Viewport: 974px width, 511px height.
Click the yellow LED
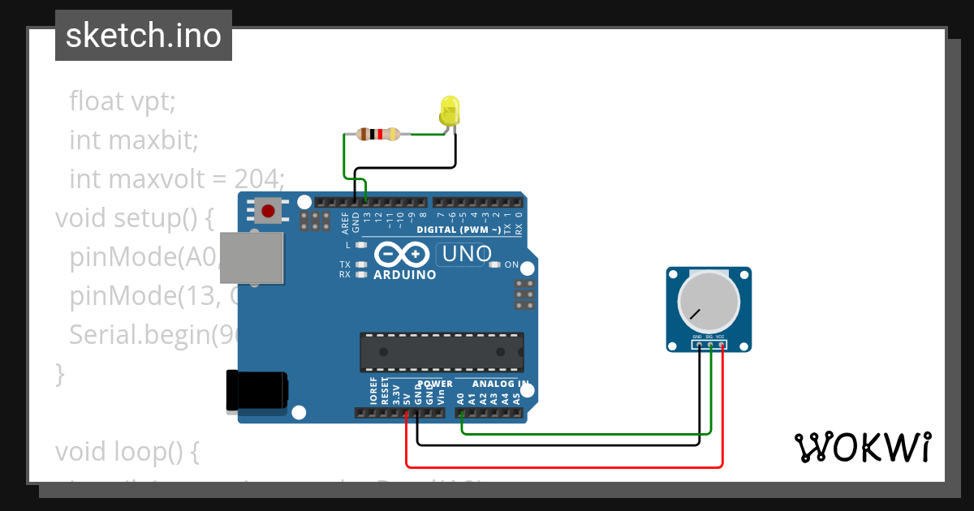pyautogui.click(x=449, y=110)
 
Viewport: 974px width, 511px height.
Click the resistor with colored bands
pyautogui.click(x=378, y=135)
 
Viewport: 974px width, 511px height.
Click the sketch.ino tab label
pyautogui.click(x=144, y=36)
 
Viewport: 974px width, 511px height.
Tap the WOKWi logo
pyautogui.click(x=862, y=447)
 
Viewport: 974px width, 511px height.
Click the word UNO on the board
pyautogui.click(x=464, y=255)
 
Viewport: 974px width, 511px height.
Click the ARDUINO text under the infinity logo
pyautogui.click(x=404, y=275)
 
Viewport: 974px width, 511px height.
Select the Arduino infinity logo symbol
pyautogui.click(x=402, y=255)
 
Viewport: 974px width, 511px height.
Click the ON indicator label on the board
pyautogui.click(x=511, y=265)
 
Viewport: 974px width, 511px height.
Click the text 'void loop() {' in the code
pyautogui.click(x=127, y=452)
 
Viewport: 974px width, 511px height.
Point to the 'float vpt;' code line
pyautogui.click(x=123, y=101)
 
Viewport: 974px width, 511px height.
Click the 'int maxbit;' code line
pyautogui.click(x=134, y=140)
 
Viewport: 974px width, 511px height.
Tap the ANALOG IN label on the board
pyautogui.click(x=502, y=384)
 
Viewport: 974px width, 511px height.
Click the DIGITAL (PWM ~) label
pyautogui.click(x=459, y=230)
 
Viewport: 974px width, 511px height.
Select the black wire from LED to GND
pyautogui.click(x=406, y=168)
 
